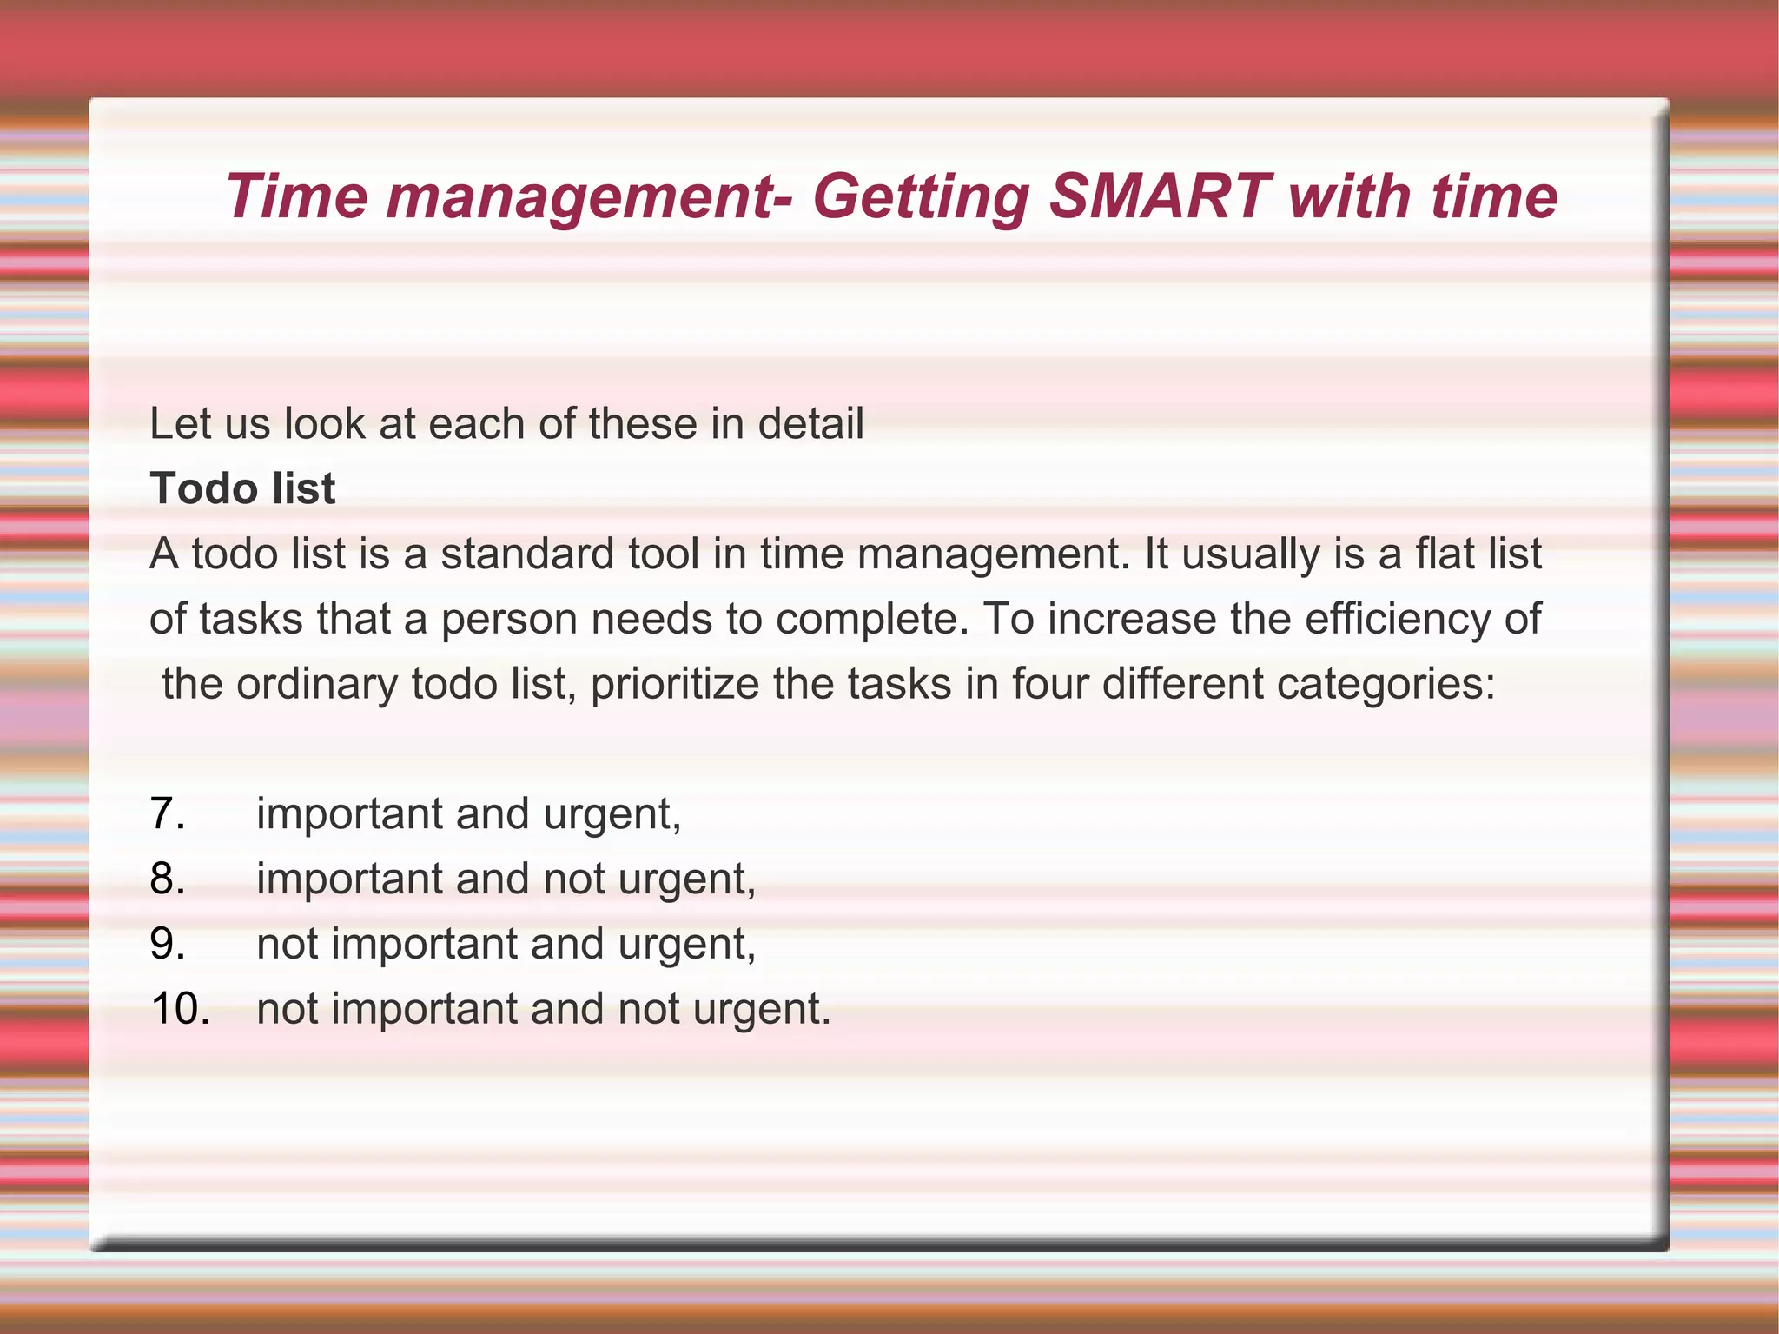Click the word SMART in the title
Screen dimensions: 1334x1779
[1160, 196]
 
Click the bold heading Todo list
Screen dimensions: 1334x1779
[241, 488]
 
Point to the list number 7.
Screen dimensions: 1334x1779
[167, 814]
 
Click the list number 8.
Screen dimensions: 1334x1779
[167, 879]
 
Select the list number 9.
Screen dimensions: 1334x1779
[167, 944]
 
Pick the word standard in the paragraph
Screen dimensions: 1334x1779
[527, 554]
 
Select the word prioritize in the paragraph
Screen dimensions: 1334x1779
[675, 684]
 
